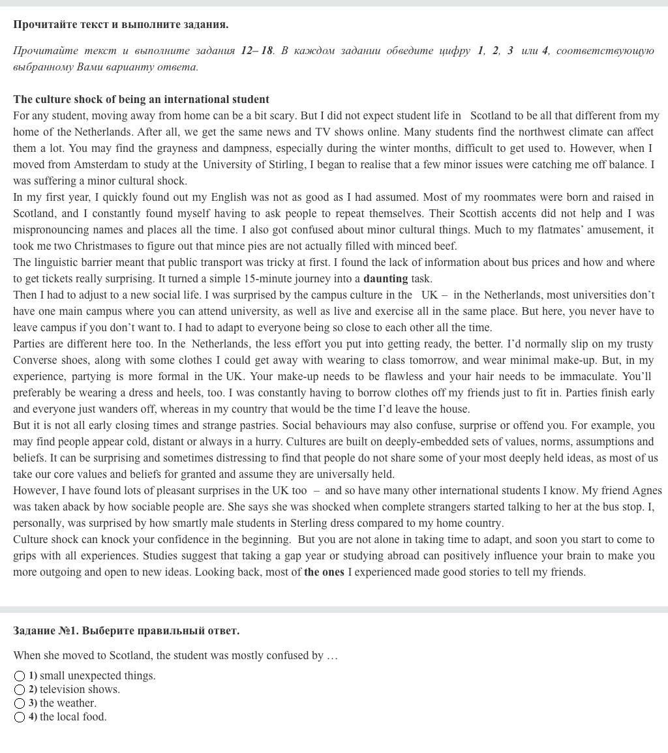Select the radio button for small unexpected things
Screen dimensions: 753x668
coord(20,676)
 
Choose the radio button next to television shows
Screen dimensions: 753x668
coord(20,690)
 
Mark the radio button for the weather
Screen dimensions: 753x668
coord(20,703)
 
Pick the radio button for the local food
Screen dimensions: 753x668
coord(20,717)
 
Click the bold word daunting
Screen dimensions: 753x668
coord(386,279)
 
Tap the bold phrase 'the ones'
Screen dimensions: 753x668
coord(324,572)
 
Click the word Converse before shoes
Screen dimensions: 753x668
coord(34,361)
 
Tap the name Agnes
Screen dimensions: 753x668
coord(646,491)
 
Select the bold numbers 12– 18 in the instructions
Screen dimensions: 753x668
coord(257,51)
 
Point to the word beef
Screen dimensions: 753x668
coord(444,246)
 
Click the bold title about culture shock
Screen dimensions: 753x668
coord(141,100)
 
